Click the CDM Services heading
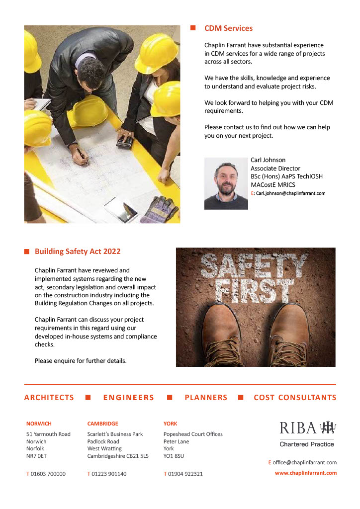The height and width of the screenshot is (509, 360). pyautogui.click(x=228, y=28)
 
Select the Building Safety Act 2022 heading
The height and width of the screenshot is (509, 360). pyautogui.click(x=78, y=252)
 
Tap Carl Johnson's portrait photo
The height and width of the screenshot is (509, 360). pyautogui.click(x=226, y=183)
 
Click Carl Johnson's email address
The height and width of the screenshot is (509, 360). pyautogui.click(x=290, y=193)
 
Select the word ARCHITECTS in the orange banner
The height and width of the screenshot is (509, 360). pyautogui.click(x=49, y=398)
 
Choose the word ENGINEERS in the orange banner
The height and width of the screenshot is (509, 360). pyautogui.click(x=129, y=398)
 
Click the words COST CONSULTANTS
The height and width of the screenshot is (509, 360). pyautogui.click(x=295, y=398)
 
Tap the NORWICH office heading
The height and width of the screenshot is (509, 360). pyautogui.click(x=39, y=424)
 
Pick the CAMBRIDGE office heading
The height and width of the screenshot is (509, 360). pyautogui.click(x=102, y=424)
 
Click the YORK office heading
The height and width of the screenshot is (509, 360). pyautogui.click(x=170, y=424)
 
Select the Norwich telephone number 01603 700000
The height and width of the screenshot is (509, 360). pyautogui.click(x=48, y=474)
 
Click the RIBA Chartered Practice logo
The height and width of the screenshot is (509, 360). pyautogui.click(x=307, y=432)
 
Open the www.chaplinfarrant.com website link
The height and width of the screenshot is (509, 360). pyautogui.click(x=306, y=473)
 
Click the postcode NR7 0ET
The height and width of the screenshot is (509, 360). pyautogui.click(x=36, y=455)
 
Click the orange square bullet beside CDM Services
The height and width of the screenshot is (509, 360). pyautogui.click(x=193, y=28)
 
